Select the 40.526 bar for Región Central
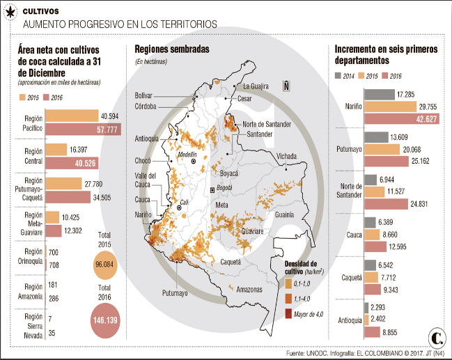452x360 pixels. [72, 164]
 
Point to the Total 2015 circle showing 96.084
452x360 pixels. [104, 265]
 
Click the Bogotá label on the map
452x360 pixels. [223, 189]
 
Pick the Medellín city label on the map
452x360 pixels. [188, 153]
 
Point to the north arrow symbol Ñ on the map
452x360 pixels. [286, 86]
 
